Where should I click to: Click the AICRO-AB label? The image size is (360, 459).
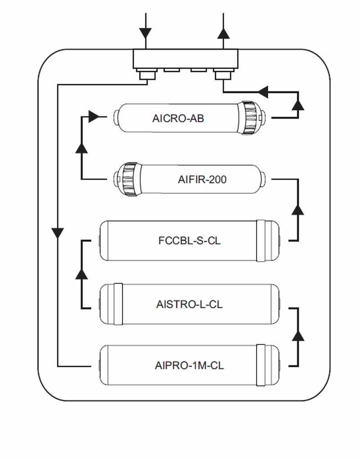178,118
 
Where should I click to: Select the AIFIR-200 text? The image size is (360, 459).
202,180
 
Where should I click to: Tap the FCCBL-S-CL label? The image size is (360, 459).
189,241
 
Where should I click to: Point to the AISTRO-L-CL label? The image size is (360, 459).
189,304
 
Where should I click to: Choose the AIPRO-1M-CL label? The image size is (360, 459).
189,365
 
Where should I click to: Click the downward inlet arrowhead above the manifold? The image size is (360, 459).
145,33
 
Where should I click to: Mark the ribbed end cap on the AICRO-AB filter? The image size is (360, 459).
247,118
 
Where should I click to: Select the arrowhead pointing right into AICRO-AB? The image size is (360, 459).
94,117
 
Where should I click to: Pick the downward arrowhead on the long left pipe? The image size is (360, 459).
58,233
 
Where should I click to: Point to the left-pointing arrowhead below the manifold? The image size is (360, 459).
263,92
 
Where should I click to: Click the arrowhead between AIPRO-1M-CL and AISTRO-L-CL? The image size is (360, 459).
298,336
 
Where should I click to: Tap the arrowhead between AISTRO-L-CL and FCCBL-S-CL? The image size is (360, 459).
81,274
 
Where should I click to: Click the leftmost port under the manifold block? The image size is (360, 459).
145,73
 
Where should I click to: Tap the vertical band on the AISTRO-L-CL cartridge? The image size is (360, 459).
117,304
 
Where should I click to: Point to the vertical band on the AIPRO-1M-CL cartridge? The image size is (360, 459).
261,365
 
